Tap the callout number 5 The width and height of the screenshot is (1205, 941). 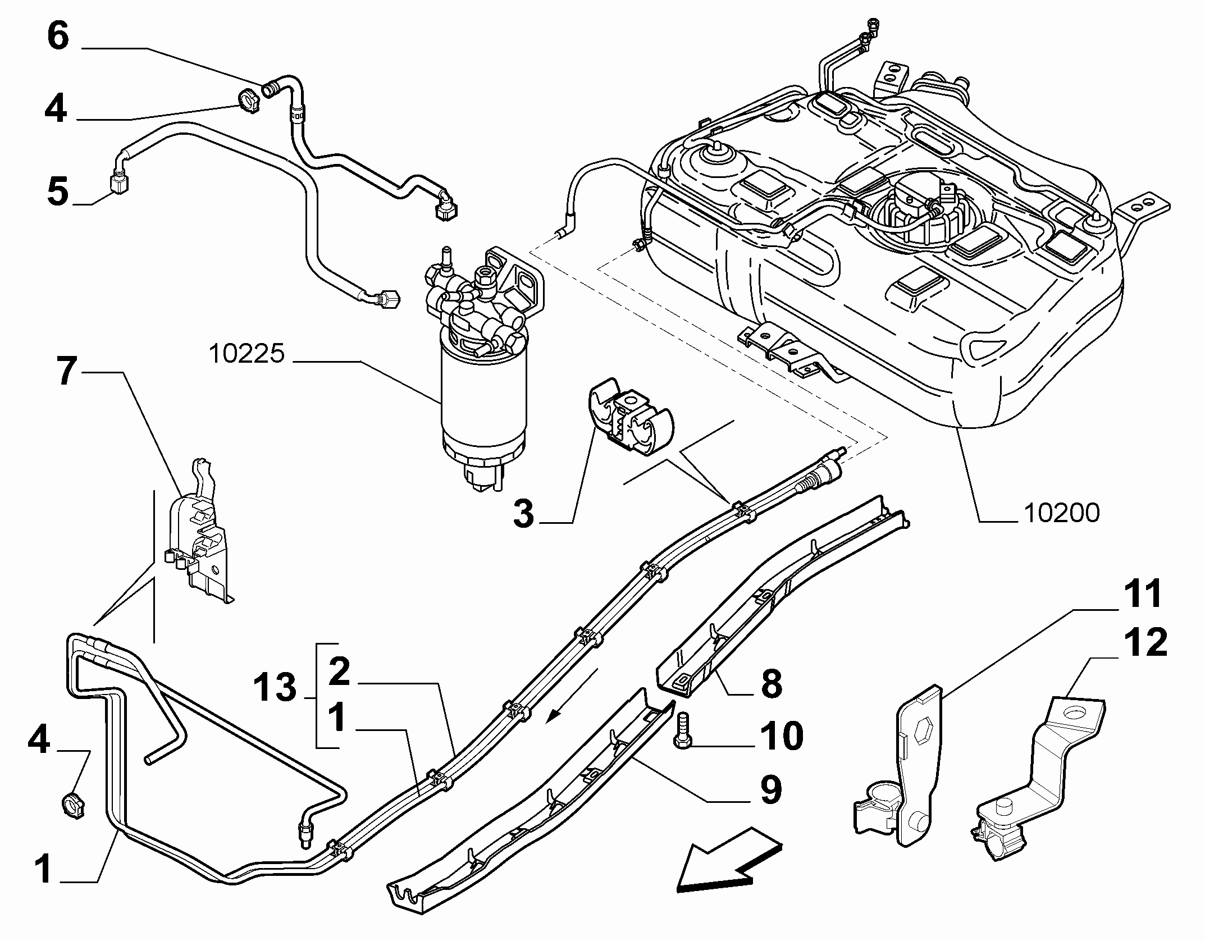click(58, 191)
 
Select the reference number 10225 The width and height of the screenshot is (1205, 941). click(247, 354)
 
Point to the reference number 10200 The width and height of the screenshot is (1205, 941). click(1062, 513)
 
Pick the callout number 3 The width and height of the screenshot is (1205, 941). click(523, 514)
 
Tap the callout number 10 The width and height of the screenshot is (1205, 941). click(782, 735)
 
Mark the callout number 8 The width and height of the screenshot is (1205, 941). click(771, 684)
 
